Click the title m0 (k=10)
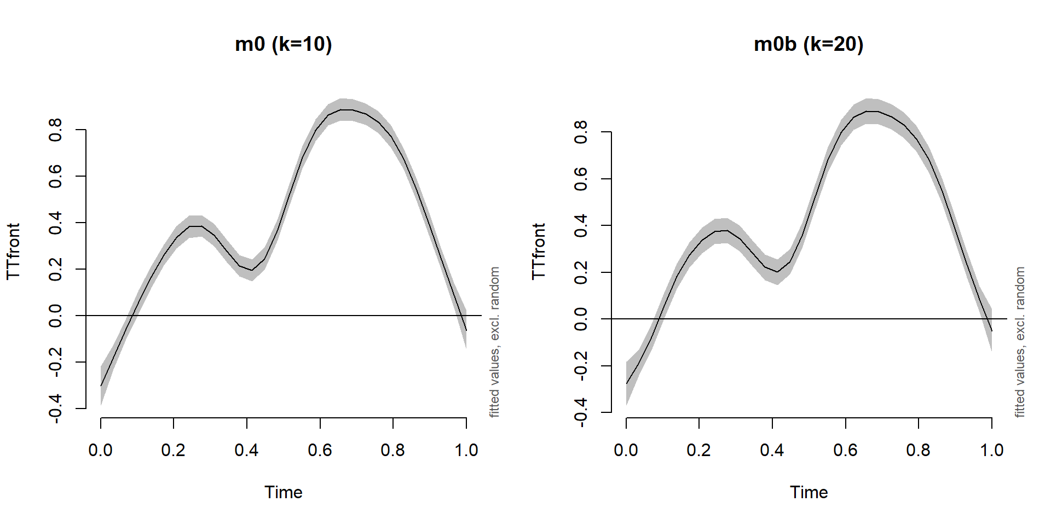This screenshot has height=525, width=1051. [283, 44]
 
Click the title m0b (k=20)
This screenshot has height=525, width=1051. [809, 44]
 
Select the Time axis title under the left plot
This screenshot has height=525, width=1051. [283, 492]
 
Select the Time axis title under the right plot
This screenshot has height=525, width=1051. [809, 492]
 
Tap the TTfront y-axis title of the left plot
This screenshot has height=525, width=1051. [13, 251]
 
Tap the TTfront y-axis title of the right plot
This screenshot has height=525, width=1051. [539, 251]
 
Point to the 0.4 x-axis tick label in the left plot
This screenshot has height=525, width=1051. [246, 450]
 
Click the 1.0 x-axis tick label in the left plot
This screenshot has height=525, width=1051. [466, 450]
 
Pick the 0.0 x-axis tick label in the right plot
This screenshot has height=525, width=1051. [626, 450]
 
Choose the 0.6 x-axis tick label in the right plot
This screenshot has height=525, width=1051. [845, 450]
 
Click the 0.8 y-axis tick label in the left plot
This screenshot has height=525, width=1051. [55, 130]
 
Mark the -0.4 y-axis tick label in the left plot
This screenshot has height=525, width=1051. [55, 409]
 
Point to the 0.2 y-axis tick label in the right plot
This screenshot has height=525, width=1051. [581, 272]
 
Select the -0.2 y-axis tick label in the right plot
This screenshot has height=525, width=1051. [581, 365]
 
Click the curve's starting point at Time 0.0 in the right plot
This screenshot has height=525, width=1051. [626, 384]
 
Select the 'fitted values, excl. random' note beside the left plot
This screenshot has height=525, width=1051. [494, 342]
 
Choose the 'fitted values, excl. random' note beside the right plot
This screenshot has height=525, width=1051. [1020, 342]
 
